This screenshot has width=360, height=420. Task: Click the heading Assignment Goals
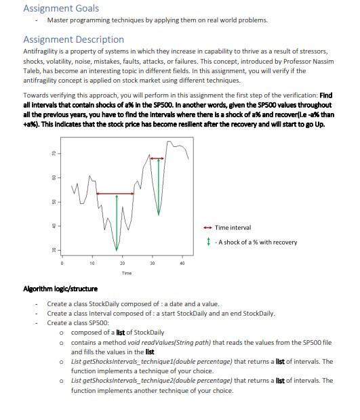coord(61,8)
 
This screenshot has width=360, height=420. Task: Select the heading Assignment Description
coord(74,39)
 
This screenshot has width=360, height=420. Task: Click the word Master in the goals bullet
coord(58,20)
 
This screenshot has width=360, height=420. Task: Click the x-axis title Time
coord(127,273)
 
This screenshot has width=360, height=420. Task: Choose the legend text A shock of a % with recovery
coord(255,242)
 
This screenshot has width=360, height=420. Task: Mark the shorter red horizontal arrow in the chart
coord(157,159)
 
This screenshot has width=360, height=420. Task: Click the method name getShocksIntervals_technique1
coord(116,362)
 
